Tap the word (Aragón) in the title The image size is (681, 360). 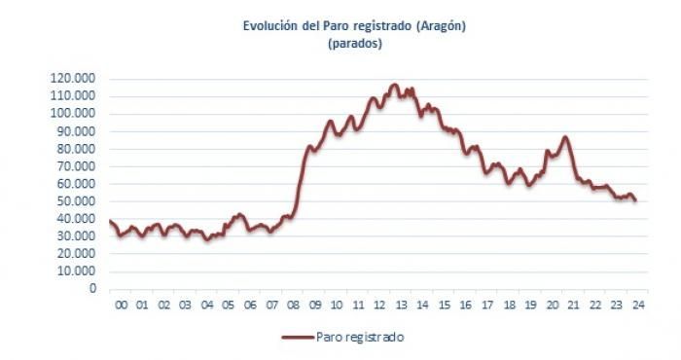point(441,26)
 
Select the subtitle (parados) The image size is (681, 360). point(355,44)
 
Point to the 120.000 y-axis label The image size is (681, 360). point(73,79)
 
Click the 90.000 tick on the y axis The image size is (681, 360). point(76,131)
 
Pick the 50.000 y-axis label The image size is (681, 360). point(76,201)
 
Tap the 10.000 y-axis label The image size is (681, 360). point(76,271)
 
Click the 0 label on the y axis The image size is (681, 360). point(92,288)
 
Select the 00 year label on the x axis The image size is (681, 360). point(122,305)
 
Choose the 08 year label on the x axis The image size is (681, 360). point(293,305)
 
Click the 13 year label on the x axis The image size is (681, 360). point(401,305)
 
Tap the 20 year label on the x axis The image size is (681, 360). point(552,305)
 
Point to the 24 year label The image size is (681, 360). point(638,305)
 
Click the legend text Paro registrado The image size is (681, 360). point(360,337)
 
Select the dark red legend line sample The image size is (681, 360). point(298,337)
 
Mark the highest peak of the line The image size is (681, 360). point(394,85)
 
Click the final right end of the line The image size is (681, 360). point(635,200)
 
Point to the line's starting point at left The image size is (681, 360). point(110,221)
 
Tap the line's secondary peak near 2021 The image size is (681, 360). point(564,137)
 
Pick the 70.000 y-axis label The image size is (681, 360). point(76,165)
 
